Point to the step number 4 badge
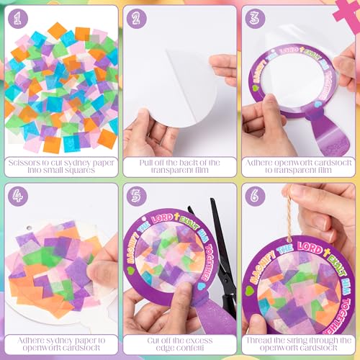tap(17, 196)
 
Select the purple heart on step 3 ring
tap(310, 112)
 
